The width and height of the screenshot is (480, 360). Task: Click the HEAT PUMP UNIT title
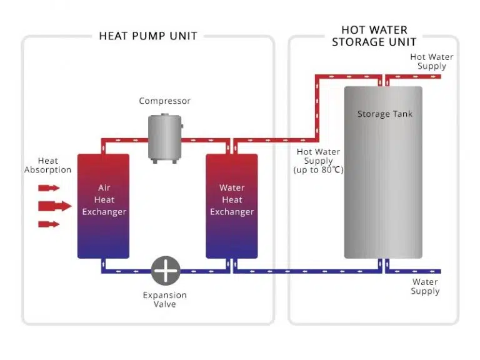point(148,36)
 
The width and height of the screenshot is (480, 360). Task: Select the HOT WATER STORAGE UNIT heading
point(374,36)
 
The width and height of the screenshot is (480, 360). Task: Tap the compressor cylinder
point(165,136)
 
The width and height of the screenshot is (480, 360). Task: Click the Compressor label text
point(164,101)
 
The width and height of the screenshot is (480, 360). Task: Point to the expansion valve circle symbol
point(166,271)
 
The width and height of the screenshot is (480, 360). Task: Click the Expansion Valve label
point(165,299)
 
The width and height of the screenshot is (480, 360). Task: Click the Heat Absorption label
point(47,165)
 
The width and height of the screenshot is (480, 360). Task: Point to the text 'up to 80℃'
point(318,170)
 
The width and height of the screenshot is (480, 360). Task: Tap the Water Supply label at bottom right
point(425,286)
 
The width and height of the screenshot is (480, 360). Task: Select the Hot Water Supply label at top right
point(431,61)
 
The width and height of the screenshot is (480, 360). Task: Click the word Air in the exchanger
point(104,187)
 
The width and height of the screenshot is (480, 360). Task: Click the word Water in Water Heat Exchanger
point(232,187)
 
